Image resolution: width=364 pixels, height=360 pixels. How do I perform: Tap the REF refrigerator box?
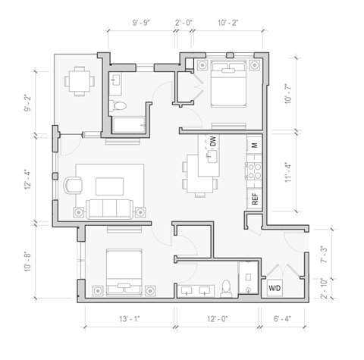(x=255, y=199)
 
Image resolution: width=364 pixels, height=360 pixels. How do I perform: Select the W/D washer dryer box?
(x=274, y=289)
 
